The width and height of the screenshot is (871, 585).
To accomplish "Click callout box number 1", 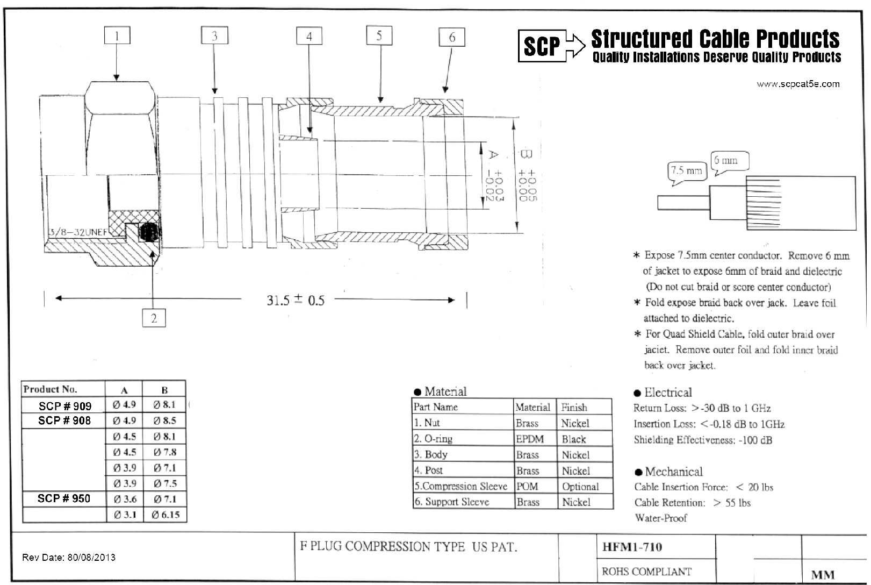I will click(117, 37).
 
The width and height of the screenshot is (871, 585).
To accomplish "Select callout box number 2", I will click(154, 318).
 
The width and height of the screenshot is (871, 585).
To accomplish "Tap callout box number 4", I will click(309, 37).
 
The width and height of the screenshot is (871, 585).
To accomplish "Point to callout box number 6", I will click(451, 37).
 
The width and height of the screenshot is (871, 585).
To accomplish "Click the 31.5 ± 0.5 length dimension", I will click(296, 299).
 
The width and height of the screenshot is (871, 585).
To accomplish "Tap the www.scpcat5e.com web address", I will click(798, 84).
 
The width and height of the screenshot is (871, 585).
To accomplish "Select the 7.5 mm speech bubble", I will click(686, 171).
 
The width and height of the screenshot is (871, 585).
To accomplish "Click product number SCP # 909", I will click(64, 405).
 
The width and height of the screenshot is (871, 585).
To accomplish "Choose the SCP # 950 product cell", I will click(63, 498).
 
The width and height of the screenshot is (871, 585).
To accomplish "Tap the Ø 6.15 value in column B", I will click(165, 515).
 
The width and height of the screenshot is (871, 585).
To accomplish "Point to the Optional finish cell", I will click(580, 487).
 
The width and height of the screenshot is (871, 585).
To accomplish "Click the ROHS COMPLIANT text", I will click(646, 571).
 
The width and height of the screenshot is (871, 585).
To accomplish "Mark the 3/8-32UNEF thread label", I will click(78, 232).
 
